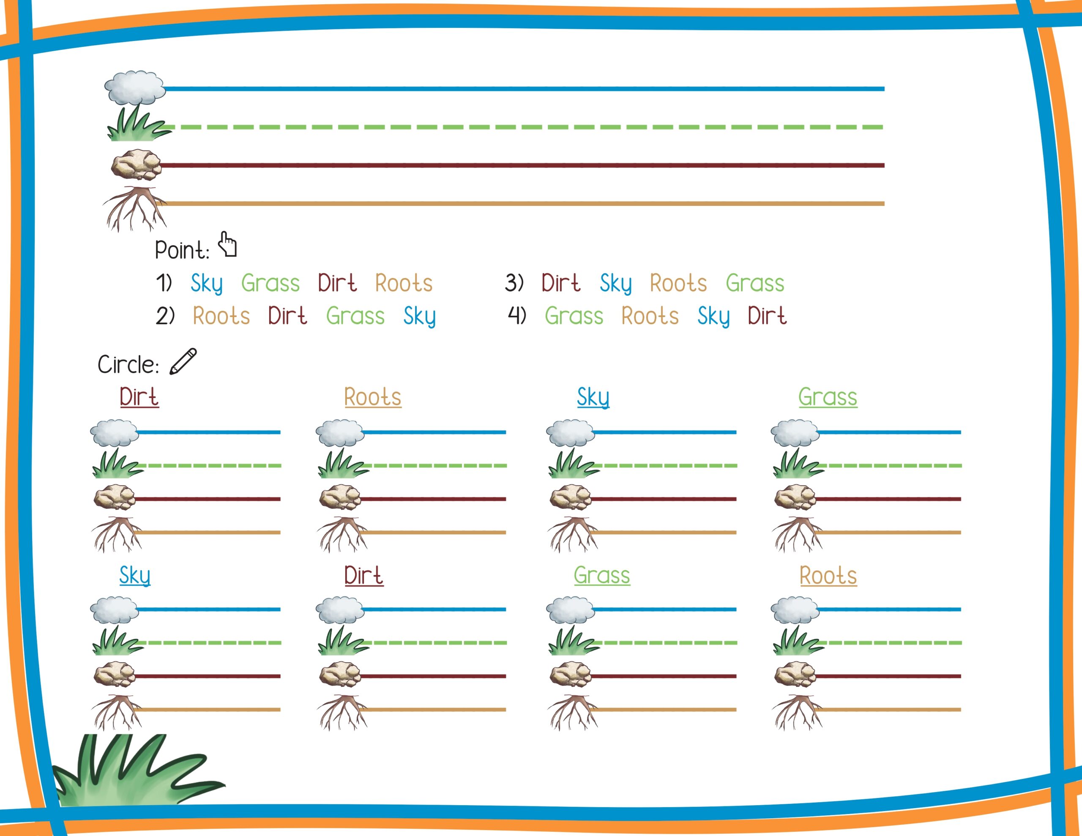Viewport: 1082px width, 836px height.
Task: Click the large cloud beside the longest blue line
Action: (135, 88)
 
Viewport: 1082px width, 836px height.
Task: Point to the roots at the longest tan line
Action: (135, 208)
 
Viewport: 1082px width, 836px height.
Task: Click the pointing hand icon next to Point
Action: (228, 244)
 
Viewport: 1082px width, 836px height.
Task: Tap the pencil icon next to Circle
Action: (183, 361)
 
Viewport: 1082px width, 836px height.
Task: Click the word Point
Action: (182, 250)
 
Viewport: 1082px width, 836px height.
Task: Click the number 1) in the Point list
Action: (164, 282)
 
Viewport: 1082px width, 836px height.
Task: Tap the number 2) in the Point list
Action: (165, 316)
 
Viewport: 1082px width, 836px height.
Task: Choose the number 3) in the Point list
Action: (514, 282)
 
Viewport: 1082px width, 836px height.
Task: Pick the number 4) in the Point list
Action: (517, 316)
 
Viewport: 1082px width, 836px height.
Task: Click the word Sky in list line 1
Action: (207, 284)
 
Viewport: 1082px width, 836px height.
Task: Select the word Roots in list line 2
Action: (221, 316)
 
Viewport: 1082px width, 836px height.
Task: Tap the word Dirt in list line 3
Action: (561, 283)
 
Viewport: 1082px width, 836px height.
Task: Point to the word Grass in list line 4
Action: (574, 316)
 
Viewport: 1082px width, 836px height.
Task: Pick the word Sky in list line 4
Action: (713, 317)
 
